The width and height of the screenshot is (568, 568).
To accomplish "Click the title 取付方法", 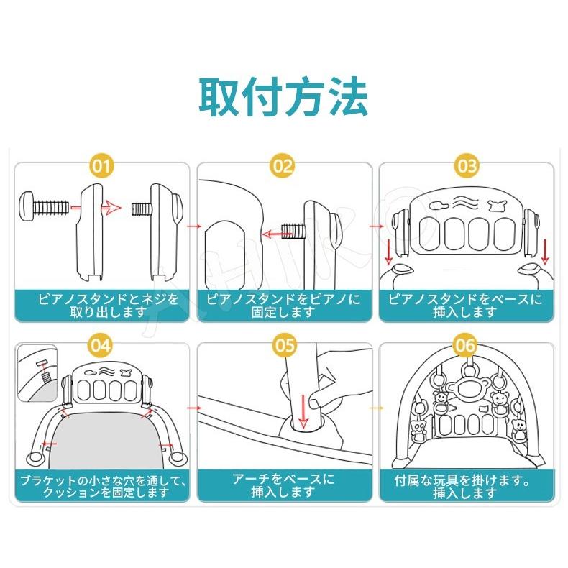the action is pos(283,97).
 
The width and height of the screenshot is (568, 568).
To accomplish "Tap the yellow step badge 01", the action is pos(101,166).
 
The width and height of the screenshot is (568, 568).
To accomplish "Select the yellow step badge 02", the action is pos(282,166).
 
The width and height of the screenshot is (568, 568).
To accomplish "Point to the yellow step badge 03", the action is pos(467,166).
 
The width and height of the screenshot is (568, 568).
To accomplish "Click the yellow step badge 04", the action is pos(101,345).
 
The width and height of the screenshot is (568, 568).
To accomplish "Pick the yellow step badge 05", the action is pos(284,345).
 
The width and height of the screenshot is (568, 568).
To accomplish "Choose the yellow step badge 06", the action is pos(465,345).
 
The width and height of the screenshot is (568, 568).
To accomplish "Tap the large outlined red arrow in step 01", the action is pos(111,208).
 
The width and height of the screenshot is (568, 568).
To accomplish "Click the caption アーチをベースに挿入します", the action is pos(283,485).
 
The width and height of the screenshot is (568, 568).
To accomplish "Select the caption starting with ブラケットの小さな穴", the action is pos(103,486).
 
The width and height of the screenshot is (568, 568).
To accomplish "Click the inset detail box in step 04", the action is pos(37,372).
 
